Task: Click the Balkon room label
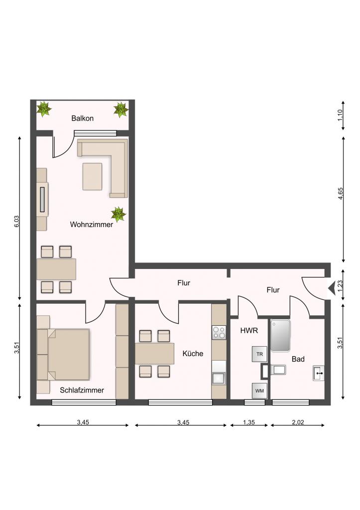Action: [x=82, y=118]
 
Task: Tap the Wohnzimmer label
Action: [x=92, y=225]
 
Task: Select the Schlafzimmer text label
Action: [x=82, y=390]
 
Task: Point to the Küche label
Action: [x=193, y=354]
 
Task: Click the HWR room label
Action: [x=249, y=331]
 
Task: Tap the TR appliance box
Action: [x=259, y=354]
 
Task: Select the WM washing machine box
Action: [x=259, y=390]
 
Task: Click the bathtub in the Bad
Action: [x=280, y=335]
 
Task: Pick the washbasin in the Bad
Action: [x=318, y=373]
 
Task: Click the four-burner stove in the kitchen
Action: [x=219, y=333]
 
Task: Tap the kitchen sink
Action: [x=219, y=379]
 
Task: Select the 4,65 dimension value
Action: [x=341, y=194]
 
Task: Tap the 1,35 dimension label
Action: [x=249, y=422]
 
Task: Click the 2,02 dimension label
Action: [x=298, y=422]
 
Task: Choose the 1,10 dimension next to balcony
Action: [x=341, y=115]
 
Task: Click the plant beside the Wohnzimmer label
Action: [x=119, y=214]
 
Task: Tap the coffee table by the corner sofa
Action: [x=92, y=177]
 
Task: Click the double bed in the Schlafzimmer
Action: [x=63, y=355]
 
